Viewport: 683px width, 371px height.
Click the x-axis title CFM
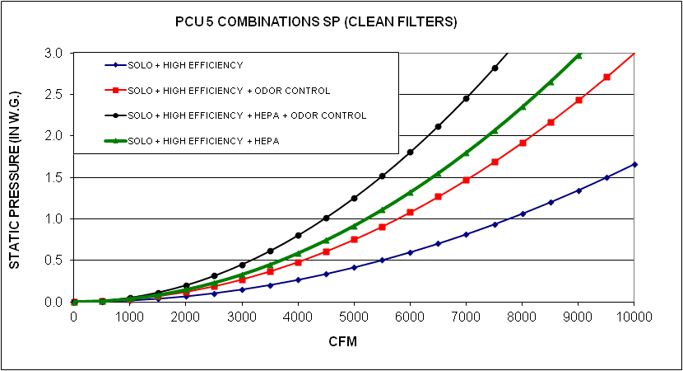[x=353, y=340]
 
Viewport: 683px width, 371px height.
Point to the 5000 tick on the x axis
[x=354, y=315]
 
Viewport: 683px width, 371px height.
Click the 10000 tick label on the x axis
[x=634, y=315]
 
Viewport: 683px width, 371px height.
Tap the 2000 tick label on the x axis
[x=186, y=315]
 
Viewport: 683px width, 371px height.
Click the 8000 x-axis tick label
[x=522, y=315]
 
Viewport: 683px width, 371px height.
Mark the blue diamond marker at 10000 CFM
[x=634, y=164]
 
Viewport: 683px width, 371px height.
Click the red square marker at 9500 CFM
[x=606, y=77]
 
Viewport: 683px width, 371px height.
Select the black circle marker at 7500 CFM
[x=495, y=68]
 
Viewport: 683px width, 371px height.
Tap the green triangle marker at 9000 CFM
[x=578, y=55]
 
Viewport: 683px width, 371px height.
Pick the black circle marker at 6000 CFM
[x=411, y=152]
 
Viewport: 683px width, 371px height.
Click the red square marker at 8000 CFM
[x=523, y=143]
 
